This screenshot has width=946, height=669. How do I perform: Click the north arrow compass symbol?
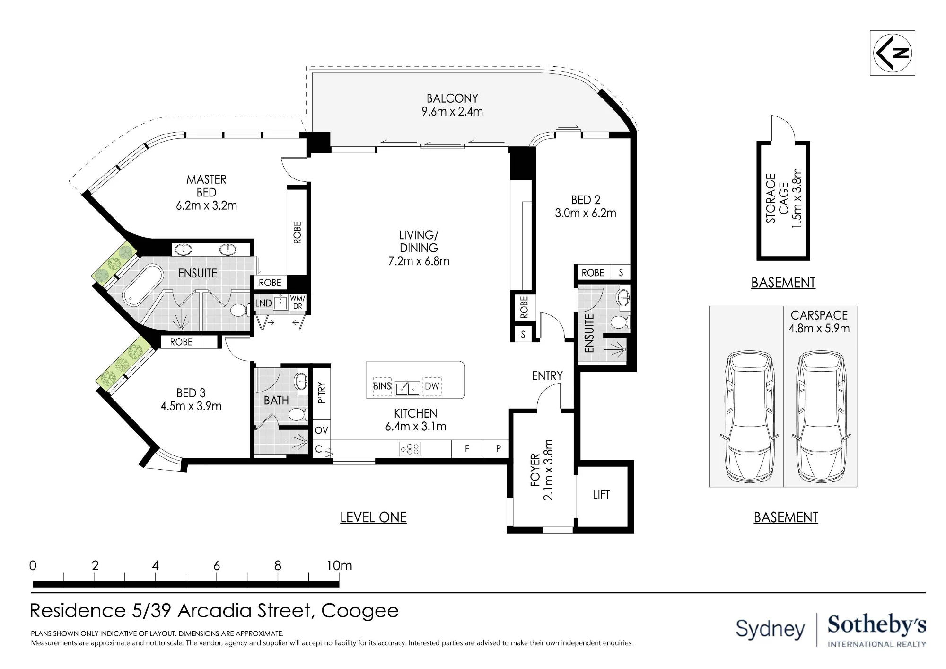893,53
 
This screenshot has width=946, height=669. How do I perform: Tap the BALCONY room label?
452,98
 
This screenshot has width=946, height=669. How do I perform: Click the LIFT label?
601,495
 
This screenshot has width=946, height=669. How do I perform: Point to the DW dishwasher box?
432,386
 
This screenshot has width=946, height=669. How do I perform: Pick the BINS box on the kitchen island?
382,386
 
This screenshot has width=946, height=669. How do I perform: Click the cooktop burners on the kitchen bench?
410,449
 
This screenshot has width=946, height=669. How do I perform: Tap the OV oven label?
322,430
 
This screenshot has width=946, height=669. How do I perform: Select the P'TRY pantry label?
322,392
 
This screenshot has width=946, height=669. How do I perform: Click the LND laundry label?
263,303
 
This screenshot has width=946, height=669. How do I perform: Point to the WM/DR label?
298,302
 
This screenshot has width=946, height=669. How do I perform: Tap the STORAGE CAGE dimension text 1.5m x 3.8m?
797,198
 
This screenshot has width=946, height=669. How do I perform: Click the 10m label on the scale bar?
339,565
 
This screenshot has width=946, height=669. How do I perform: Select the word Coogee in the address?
360,611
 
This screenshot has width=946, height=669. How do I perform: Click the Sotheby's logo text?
877,625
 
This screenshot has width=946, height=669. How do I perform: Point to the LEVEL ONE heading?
373,517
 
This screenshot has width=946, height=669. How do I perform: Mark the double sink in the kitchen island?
407,388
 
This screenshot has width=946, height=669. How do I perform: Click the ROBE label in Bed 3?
181,342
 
